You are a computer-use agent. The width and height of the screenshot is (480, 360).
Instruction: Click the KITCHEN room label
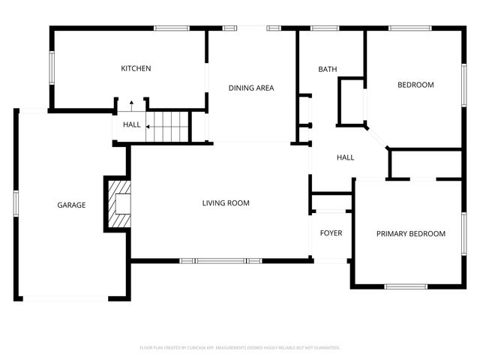(136, 69)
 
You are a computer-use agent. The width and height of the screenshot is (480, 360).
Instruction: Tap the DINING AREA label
(251, 88)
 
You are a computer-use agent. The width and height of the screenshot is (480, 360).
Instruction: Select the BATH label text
(328, 70)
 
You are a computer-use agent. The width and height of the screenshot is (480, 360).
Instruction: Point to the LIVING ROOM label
(226, 203)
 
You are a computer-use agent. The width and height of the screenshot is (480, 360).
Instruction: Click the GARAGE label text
(72, 205)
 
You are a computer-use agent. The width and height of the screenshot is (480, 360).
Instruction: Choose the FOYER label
(331, 233)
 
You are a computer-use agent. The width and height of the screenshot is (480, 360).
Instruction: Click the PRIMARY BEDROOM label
(410, 234)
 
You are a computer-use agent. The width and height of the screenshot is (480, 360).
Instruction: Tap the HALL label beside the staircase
(131, 125)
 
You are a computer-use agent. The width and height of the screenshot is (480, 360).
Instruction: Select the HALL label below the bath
(345, 157)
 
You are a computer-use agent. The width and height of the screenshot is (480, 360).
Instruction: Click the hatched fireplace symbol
(118, 204)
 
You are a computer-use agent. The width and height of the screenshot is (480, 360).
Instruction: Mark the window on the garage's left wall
(15, 205)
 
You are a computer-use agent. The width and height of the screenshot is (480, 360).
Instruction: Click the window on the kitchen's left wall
(52, 68)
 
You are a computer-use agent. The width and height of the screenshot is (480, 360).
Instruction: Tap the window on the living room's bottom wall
(220, 261)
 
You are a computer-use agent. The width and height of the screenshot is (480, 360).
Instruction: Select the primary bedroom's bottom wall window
(406, 286)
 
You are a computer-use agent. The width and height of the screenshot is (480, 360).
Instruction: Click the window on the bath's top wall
(323, 28)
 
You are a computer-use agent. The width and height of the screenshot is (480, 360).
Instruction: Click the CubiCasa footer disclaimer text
(240, 348)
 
